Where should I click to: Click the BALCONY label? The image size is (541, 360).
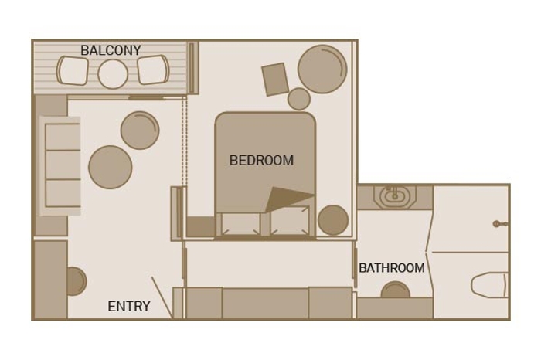coord(111,51)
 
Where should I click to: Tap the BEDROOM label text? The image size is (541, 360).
coord(261,161)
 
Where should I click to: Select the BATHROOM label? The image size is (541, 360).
coord(391,268)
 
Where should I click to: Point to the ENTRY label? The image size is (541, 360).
coord(128,307)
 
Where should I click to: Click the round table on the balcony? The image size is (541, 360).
coord(113,74)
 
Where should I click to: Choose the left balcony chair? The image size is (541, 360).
coord(73,71)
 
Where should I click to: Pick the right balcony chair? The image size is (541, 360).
coord(152,70)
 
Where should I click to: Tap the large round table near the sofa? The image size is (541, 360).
coord(111,167)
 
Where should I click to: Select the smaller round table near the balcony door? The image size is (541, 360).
coord(140,130)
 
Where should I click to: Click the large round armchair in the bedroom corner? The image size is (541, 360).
coord(322,69)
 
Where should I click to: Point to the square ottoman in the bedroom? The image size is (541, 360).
coord(275,80)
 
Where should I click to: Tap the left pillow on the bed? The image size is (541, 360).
coord(240,223)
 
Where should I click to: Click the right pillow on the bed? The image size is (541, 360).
coord(290,221)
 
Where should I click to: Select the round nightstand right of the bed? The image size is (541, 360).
coord(333,220)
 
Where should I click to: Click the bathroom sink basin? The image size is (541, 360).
coord(395,195)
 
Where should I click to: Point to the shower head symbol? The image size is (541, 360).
coord(497,224)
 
